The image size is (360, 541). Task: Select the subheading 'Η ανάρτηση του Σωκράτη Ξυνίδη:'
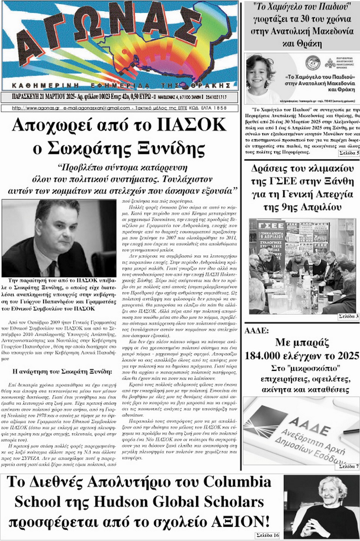click(62, 371)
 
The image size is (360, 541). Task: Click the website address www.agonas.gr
click(36, 108)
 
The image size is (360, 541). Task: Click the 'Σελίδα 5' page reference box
click(349, 153)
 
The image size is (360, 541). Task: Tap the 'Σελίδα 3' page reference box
click(348, 316)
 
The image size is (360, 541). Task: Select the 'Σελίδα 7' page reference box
click(348, 466)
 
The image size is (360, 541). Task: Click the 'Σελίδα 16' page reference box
click(267, 535)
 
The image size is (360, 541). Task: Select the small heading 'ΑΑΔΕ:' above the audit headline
click(256, 331)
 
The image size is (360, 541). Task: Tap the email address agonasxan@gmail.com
click(96, 108)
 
